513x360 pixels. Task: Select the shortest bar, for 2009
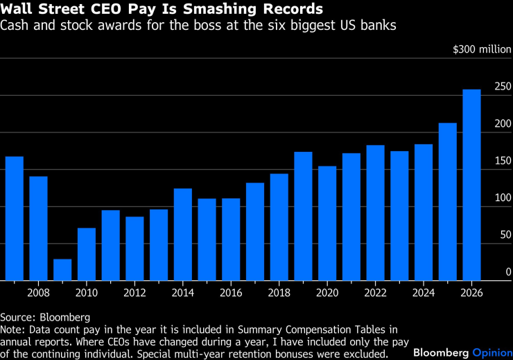coord(62,270)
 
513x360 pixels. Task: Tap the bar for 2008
coord(38,228)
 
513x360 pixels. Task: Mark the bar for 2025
coord(447,201)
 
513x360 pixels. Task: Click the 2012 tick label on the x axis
coord(134,292)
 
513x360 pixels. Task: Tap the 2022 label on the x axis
coord(375,292)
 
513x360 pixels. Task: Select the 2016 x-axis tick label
coord(231,292)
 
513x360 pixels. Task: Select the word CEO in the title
coord(105,10)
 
